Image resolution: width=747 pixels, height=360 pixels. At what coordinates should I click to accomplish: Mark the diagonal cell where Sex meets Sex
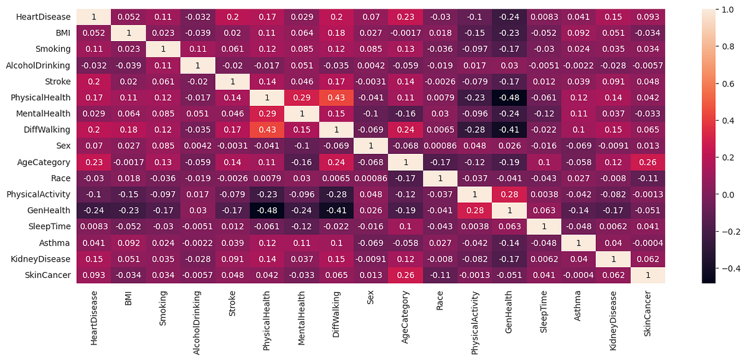[367, 146]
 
